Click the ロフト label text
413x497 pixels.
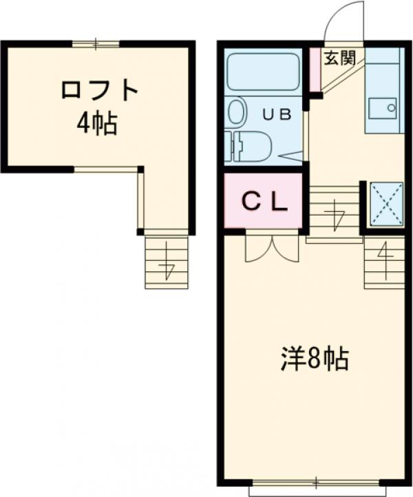click(x=100, y=90)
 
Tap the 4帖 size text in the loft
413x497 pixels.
click(x=96, y=124)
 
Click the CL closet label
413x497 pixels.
click(x=264, y=200)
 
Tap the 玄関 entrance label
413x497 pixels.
click(x=339, y=58)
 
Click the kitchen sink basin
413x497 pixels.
click(x=381, y=108)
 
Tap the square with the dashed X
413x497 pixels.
click(x=387, y=204)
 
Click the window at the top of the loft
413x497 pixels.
click(x=96, y=45)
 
